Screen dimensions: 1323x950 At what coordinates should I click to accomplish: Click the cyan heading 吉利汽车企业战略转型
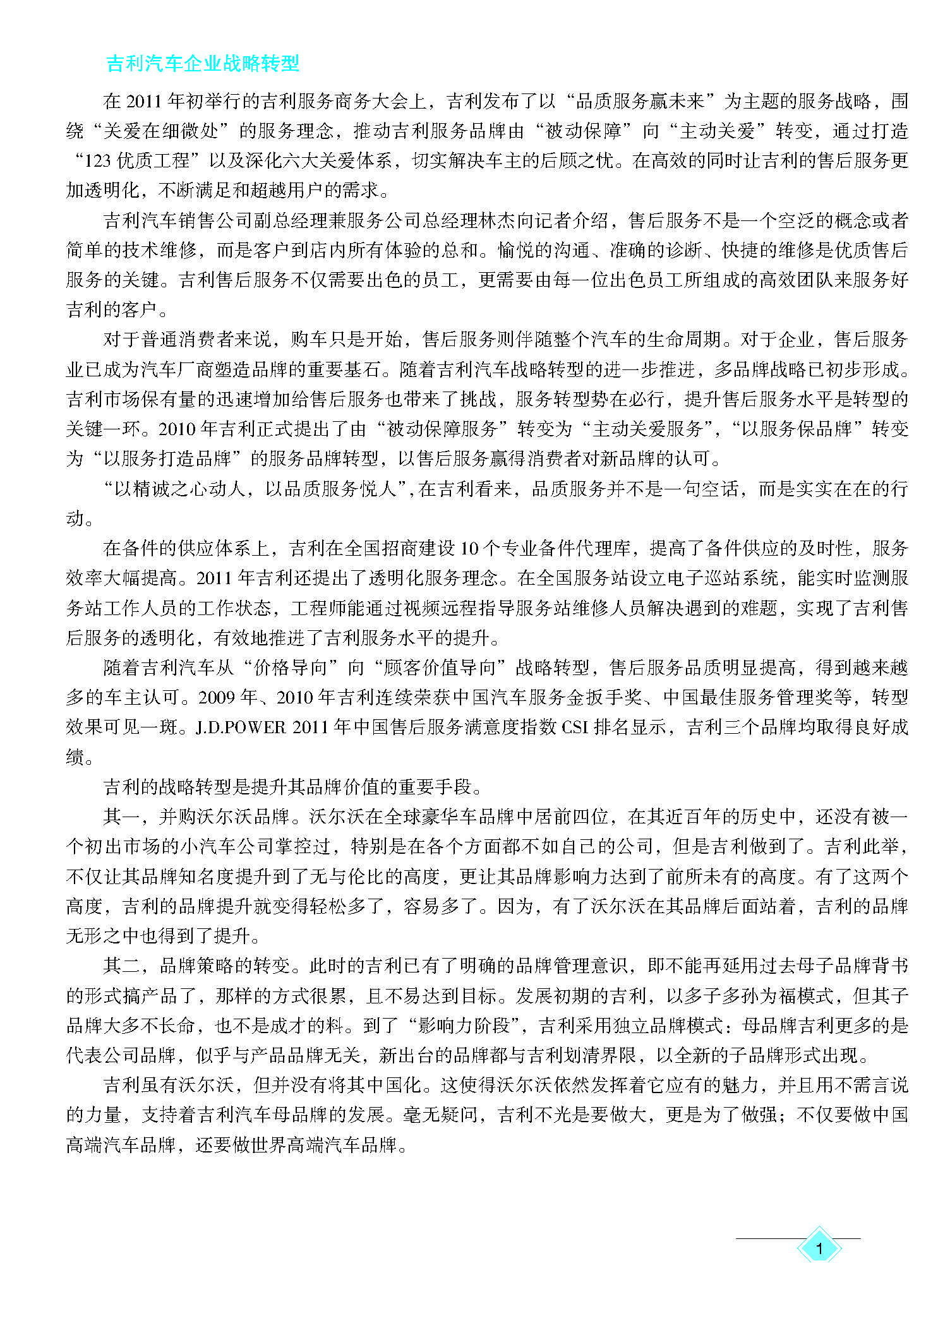tap(202, 64)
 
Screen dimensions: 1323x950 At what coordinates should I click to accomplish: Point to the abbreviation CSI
tap(575, 727)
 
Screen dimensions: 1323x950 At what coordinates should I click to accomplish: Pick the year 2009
tap(216, 698)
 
